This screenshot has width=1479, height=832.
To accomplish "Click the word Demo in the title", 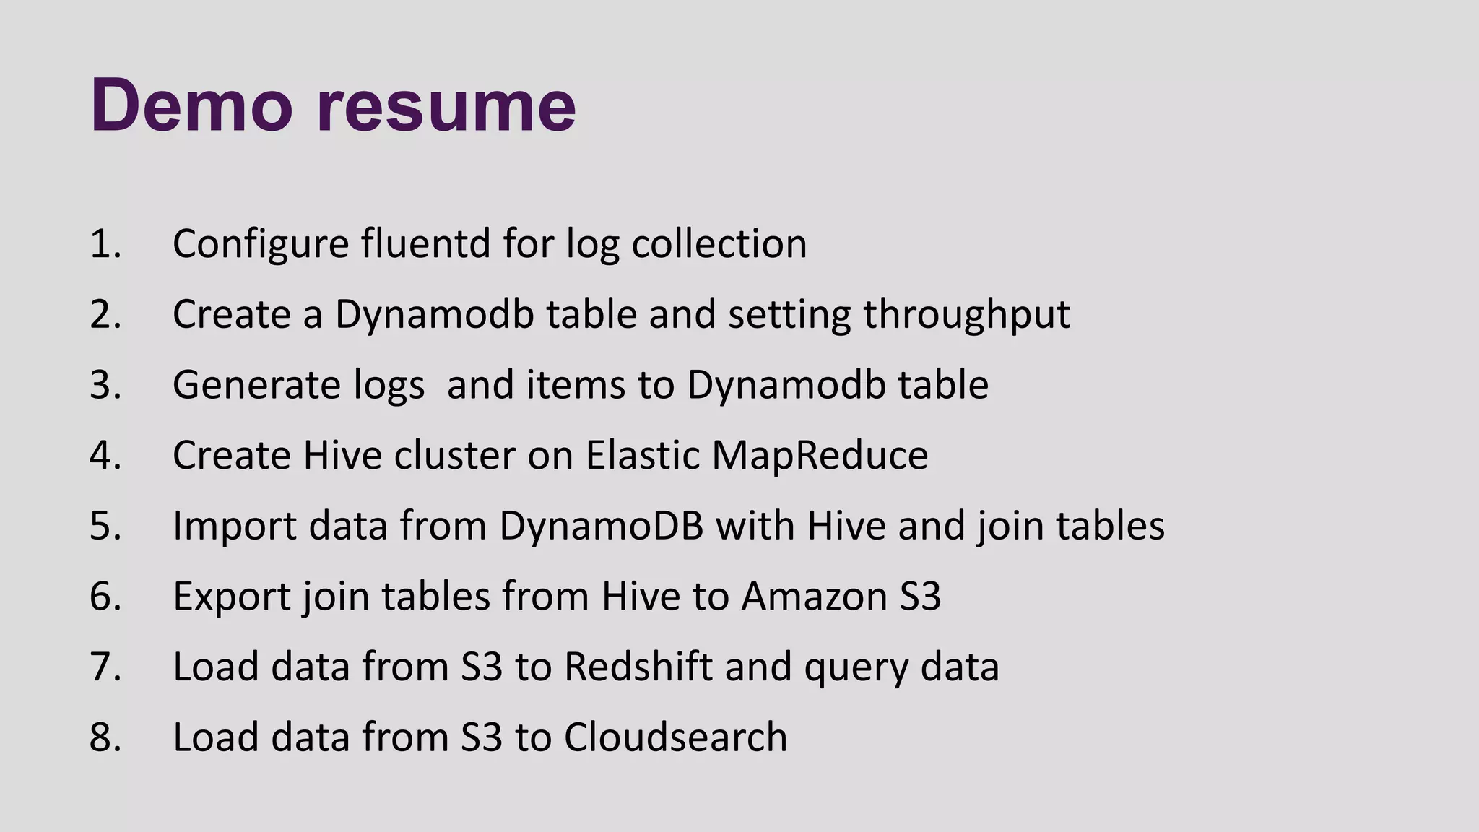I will coord(191,105).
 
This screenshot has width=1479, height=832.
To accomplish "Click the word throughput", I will coord(966,315).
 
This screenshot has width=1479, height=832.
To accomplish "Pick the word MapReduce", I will coord(820,456).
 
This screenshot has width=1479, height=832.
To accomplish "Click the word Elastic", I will coord(642,455).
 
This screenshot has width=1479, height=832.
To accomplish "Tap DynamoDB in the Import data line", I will coord(601,525).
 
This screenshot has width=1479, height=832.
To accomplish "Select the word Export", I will coord(231,597).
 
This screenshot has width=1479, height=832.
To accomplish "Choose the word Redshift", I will coord(638,666).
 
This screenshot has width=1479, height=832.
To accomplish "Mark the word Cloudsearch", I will coord(675,737).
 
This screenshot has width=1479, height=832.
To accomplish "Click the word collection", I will coord(719,243).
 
